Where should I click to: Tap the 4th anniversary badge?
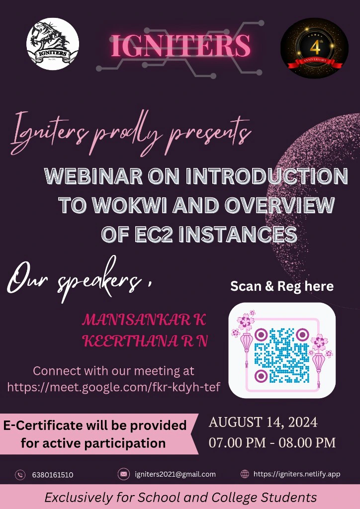tap(314, 48)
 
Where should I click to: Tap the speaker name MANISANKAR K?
tap(144, 320)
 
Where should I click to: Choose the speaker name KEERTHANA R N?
tap(145, 341)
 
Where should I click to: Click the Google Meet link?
tap(114, 387)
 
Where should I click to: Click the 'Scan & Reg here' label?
tap(282, 286)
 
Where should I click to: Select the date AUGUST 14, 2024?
tap(263, 423)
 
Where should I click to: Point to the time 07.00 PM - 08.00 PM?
tap(272, 442)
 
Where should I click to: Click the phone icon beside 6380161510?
tap(20, 474)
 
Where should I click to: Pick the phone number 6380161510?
tap(53, 475)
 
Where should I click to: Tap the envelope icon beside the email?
tap(123, 474)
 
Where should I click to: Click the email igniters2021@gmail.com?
tap(175, 474)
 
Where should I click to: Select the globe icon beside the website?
tap(245, 474)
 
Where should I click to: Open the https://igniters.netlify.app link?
tap(297, 474)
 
